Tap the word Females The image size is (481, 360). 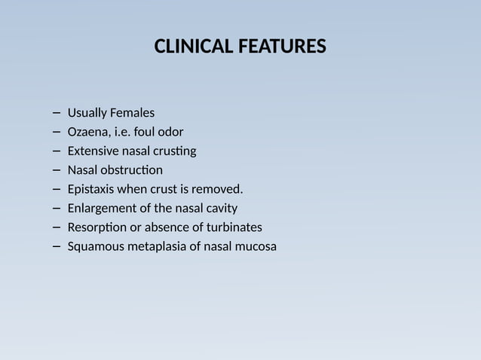[132, 113]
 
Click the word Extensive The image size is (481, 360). [93, 151]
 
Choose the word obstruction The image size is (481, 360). [134, 169]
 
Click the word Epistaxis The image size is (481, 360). [91, 188]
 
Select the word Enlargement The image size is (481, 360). [101, 208]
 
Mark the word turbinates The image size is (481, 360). [234, 227]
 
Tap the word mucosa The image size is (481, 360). [255, 246]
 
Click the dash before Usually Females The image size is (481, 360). [58, 113]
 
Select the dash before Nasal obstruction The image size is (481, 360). [58, 169]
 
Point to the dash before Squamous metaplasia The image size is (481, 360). [58, 246]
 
